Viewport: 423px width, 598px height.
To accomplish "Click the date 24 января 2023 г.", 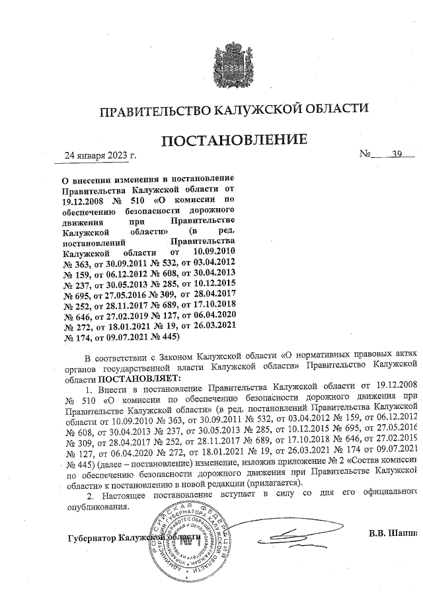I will point(99,157).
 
